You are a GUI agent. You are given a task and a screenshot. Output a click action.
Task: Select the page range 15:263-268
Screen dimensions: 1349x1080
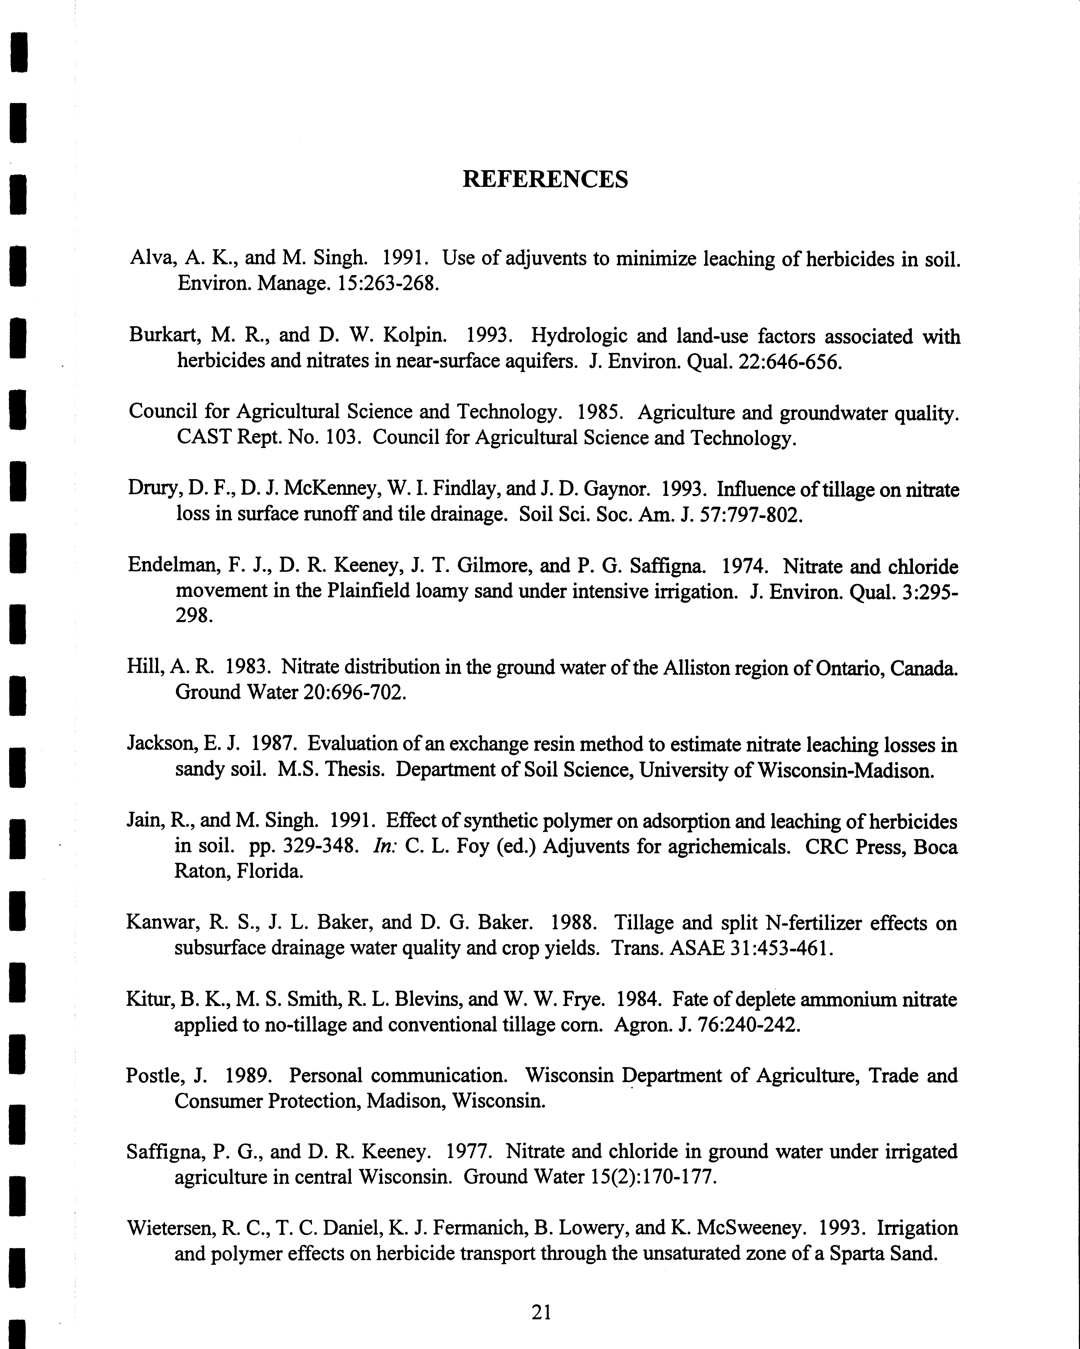coord(388,283)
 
